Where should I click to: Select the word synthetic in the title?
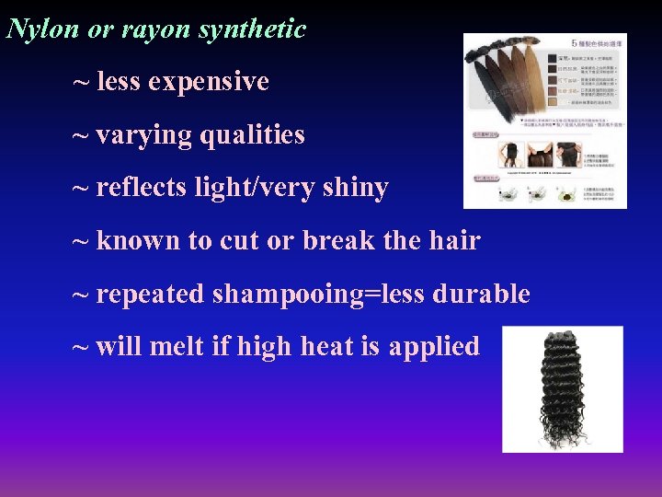click(252, 29)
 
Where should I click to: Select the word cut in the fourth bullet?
click(239, 241)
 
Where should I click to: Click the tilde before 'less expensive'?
click(82, 82)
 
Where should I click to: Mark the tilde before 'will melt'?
click(82, 347)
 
